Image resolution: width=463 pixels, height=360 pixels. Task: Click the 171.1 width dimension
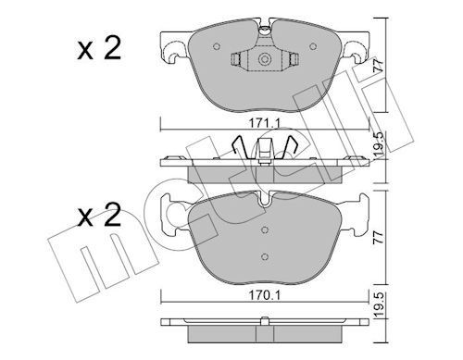pos(265,124)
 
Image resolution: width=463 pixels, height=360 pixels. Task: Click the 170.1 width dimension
pos(265,295)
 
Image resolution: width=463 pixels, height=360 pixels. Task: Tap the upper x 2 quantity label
pos(99,49)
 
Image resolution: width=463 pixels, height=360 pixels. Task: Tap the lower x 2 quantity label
pos(99,215)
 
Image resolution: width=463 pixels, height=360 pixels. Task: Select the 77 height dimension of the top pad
pos(379,66)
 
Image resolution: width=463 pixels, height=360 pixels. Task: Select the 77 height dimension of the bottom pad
pos(379,237)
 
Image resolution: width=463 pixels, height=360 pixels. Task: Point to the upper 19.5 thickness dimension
pos(380,144)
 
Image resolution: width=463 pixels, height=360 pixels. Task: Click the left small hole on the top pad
pos(217,46)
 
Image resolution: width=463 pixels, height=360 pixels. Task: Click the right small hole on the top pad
pos(313,46)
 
